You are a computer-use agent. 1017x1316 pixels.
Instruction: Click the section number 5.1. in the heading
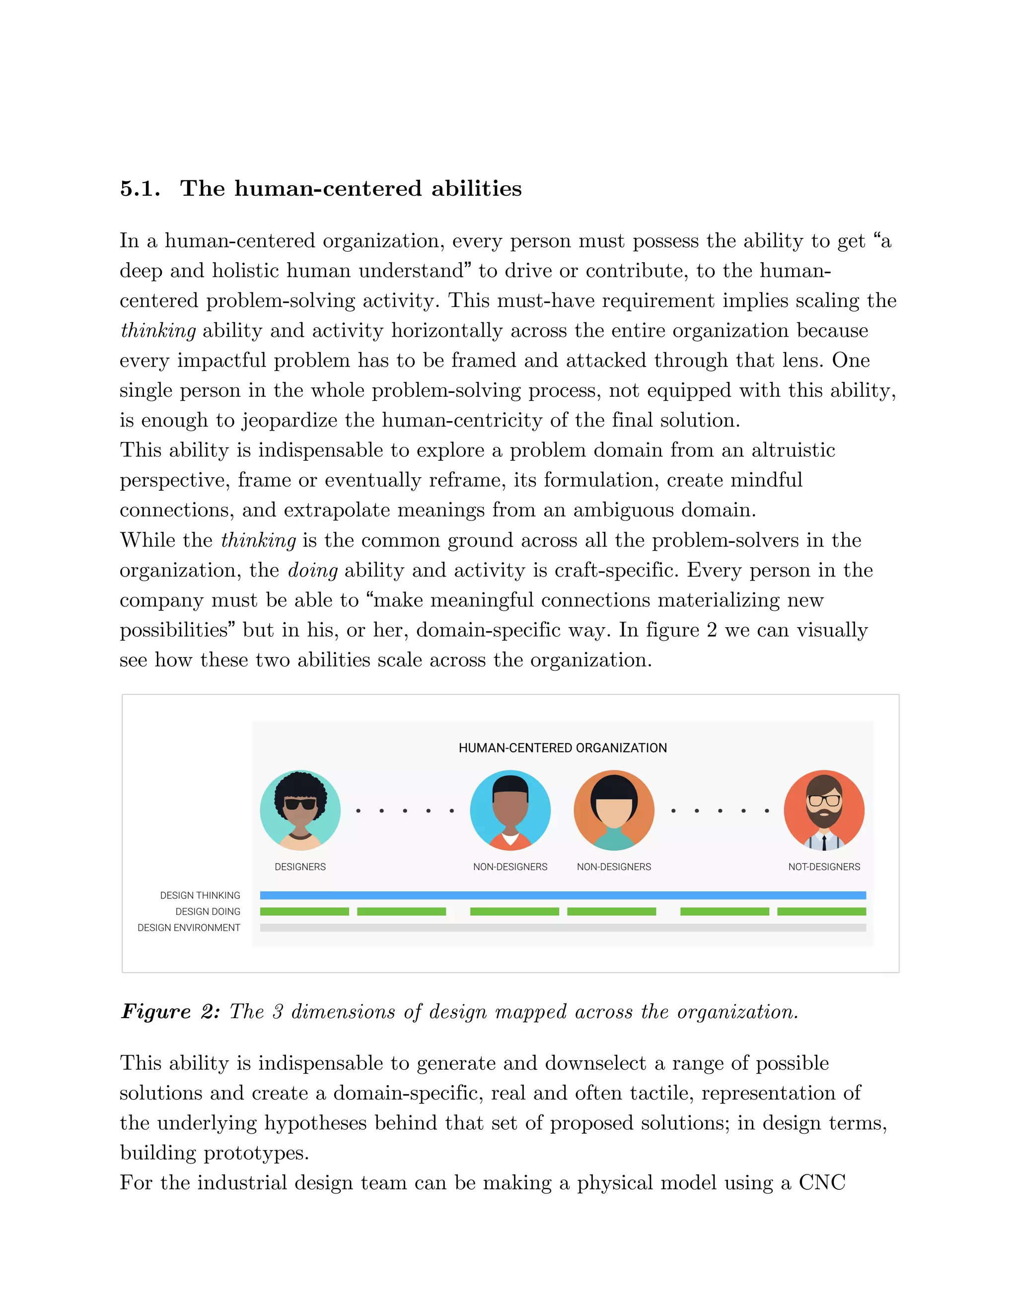140,189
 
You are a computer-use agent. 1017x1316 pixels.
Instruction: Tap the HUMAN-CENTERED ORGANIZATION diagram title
562,748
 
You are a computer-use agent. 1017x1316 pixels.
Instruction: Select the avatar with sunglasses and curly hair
300,810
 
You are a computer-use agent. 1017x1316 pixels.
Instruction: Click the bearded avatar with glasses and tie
824,810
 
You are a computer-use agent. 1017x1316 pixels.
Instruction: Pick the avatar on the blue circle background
509,810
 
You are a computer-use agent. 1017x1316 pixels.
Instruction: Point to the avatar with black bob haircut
613,810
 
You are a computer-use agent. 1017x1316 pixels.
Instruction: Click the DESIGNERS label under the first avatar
300,867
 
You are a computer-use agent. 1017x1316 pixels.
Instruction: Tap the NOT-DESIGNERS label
824,867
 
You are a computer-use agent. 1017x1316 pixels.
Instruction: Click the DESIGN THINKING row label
200,895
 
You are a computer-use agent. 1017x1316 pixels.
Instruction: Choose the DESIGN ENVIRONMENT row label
189,928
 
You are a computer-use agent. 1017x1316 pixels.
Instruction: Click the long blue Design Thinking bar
562,895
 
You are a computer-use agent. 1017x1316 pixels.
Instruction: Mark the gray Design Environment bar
562,928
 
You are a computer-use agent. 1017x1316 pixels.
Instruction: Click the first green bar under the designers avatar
304,912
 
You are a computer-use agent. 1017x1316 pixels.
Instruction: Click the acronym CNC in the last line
822,1182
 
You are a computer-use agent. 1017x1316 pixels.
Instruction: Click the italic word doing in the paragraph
312,570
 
